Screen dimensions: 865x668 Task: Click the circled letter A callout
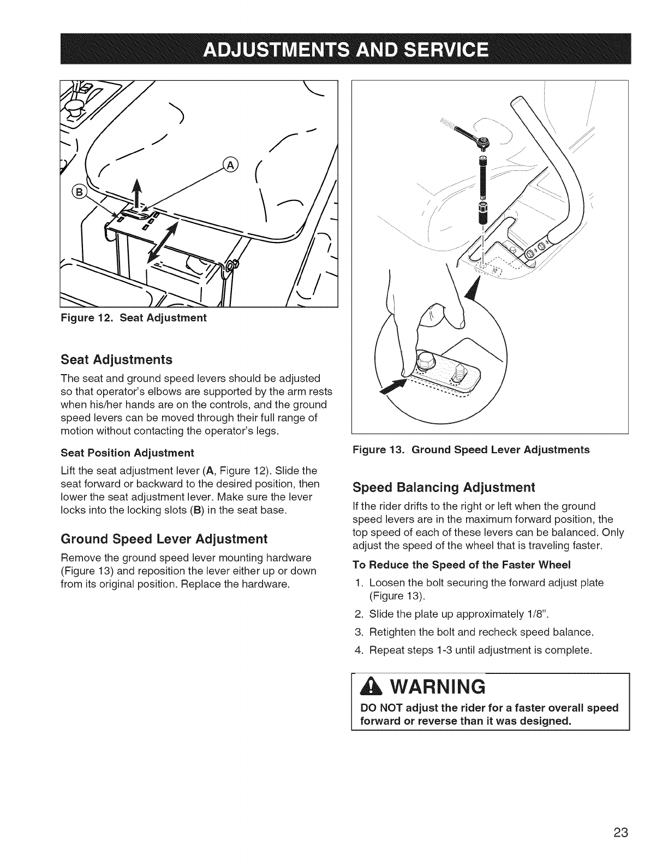click(232, 165)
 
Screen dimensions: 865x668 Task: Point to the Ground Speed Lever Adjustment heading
click(164, 539)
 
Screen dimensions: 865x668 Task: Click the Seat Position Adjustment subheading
click(128, 453)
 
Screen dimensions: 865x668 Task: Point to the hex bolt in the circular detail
click(425, 361)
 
